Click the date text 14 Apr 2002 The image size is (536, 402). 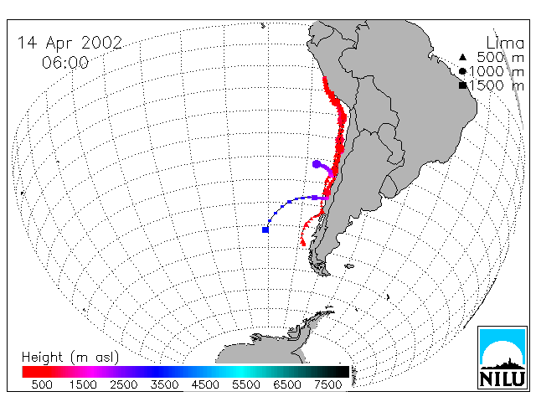[x=70, y=44]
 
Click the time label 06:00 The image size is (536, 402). [x=65, y=63]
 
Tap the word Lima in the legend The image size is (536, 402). [x=505, y=44]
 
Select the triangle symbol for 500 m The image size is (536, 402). [x=462, y=57]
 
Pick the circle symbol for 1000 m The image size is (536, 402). [x=462, y=71]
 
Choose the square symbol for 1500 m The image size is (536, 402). [x=462, y=85]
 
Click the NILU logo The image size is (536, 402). [x=502, y=358]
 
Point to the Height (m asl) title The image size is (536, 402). [x=70, y=358]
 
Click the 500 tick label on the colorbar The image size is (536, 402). [x=42, y=385]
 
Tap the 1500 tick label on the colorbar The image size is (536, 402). [x=83, y=385]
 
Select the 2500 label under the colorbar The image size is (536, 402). [x=124, y=385]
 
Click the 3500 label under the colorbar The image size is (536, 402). [x=164, y=385]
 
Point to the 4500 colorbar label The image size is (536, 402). [x=205, y=385]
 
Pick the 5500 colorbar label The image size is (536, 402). [x=246, y=385]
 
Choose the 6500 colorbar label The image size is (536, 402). [x=286, y=385]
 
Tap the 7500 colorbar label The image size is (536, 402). [x=327, y=385]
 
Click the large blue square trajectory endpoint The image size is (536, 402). [x=265, y=229]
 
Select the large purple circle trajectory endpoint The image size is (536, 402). [x=317, y=164]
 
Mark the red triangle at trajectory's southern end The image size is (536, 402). [x=302, y=243]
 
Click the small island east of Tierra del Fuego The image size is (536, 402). [x=349, y=266]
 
